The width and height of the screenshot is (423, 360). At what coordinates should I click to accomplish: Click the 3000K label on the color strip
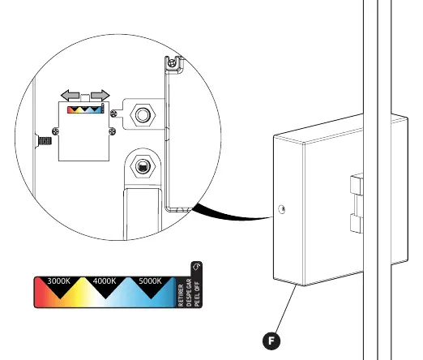(58, 281)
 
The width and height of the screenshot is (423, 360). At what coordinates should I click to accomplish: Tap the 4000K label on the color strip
(105, 281)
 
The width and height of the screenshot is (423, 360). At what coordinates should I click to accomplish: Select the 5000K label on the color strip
(150, 281)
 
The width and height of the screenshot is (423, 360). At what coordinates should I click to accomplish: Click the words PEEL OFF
(198, 294)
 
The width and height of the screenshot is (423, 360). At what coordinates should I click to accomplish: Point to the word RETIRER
(181, 295)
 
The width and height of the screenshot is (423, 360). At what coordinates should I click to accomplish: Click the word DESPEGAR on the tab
(189, 293)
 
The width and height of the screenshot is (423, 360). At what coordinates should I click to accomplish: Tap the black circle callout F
(271, 341)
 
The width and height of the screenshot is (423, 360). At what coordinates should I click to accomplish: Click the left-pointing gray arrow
(70, 96)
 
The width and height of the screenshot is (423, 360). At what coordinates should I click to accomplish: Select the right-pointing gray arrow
(100, 96)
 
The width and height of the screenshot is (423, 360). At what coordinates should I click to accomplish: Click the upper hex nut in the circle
(143, 115)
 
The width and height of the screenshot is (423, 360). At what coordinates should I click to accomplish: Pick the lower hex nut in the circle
(143, 167)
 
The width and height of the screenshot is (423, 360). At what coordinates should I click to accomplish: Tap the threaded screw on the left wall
(45, 141)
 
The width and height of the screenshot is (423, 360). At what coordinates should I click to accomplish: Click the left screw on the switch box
(55, 131)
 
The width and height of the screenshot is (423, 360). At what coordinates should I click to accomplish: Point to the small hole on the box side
(281, 209)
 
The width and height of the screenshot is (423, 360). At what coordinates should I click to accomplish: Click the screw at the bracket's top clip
(171, 63)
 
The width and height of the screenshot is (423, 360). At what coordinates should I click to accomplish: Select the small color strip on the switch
(85, 109)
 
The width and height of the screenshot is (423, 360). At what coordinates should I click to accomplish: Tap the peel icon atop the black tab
(196, 267)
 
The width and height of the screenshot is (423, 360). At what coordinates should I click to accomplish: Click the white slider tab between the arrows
(85, 97)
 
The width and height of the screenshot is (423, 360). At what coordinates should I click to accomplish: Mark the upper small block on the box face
(357, 184)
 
